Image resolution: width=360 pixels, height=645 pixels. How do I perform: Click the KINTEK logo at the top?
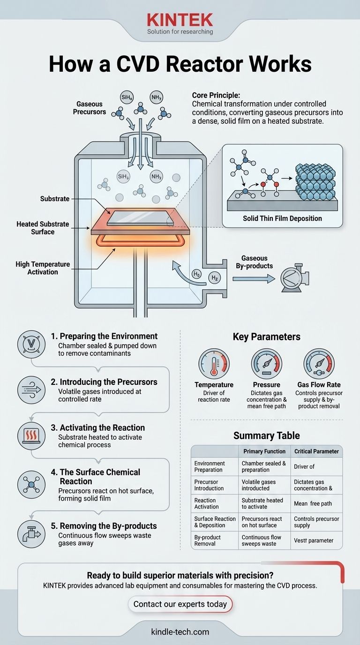click(180, 20)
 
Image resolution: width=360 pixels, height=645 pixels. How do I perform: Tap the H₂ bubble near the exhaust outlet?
click(215, 278)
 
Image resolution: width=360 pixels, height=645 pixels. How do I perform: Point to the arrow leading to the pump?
click(254, 279)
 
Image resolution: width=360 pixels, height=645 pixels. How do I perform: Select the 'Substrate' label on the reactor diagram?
click(55, 199)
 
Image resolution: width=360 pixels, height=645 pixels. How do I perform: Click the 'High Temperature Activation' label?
click(43, 268)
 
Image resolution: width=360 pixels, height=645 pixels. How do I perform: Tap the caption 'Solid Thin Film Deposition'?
click(282, 218)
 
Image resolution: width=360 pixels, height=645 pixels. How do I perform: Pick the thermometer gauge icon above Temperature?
click(214, 364)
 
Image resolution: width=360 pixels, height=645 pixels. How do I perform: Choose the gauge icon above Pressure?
click(266, 364)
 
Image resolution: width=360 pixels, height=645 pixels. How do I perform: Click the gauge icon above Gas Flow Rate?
click(319, 364)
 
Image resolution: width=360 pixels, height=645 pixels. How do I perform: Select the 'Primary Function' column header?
click(264, 451)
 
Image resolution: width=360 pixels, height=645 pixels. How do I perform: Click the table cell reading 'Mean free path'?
click(313, 503)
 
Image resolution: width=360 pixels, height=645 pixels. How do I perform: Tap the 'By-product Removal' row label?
click(207, 540)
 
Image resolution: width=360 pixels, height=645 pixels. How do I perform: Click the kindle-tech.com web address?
click(180, 631)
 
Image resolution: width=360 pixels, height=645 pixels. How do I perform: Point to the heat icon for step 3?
click(31, 435)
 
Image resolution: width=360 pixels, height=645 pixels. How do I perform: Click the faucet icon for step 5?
click(31, 534)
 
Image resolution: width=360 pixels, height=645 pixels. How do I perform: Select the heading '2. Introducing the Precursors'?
click(104, 382)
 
